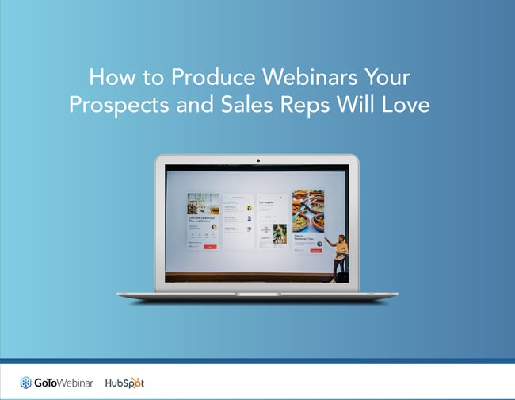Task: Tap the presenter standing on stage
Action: coord(341,254)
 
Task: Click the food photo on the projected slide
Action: coord(308,210)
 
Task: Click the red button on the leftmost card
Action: coord(210,247)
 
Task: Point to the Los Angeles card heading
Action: coord(266,203)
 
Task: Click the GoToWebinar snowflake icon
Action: coord(26,383)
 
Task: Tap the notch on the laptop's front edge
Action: coord(257,293)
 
